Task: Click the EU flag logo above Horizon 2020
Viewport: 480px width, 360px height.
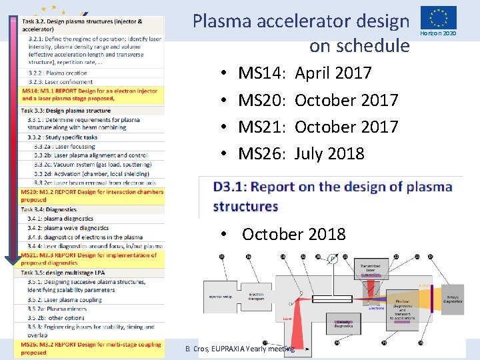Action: click(438, 17)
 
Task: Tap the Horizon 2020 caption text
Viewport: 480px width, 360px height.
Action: click(438, 33)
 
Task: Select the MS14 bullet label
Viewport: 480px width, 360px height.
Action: click(262, 73)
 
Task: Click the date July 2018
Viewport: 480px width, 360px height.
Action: click(329, 153)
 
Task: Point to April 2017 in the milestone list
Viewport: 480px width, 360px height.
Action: click(333, 73)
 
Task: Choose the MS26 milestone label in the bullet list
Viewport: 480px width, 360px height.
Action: click(262, 153)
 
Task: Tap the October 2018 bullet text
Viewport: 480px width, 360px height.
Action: click(293, 234)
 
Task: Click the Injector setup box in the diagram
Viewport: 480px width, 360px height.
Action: click(223, 297)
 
